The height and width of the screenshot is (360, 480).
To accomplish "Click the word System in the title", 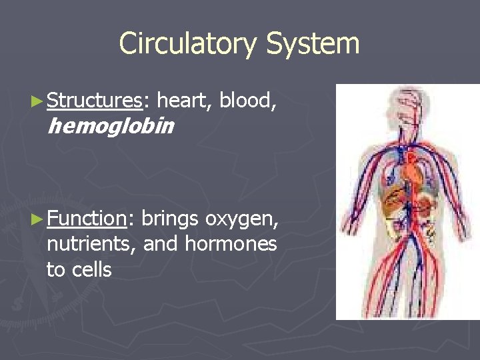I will click(313, 44).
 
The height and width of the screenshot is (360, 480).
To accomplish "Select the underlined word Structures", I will click(95, 101).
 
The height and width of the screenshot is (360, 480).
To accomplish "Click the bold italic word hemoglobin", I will click(111, 125).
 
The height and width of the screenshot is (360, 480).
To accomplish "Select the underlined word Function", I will click(87, 218).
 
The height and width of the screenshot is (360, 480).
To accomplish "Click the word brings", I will click(171, 218).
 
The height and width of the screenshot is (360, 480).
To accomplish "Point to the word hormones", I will click(231, 244).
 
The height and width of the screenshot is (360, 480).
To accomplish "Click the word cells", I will click(92, 269).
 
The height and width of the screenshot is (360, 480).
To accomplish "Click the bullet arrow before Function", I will click(39, 219).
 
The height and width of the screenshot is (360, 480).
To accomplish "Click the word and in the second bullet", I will click(160, 244).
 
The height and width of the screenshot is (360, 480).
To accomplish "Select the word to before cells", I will click(55, 269).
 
